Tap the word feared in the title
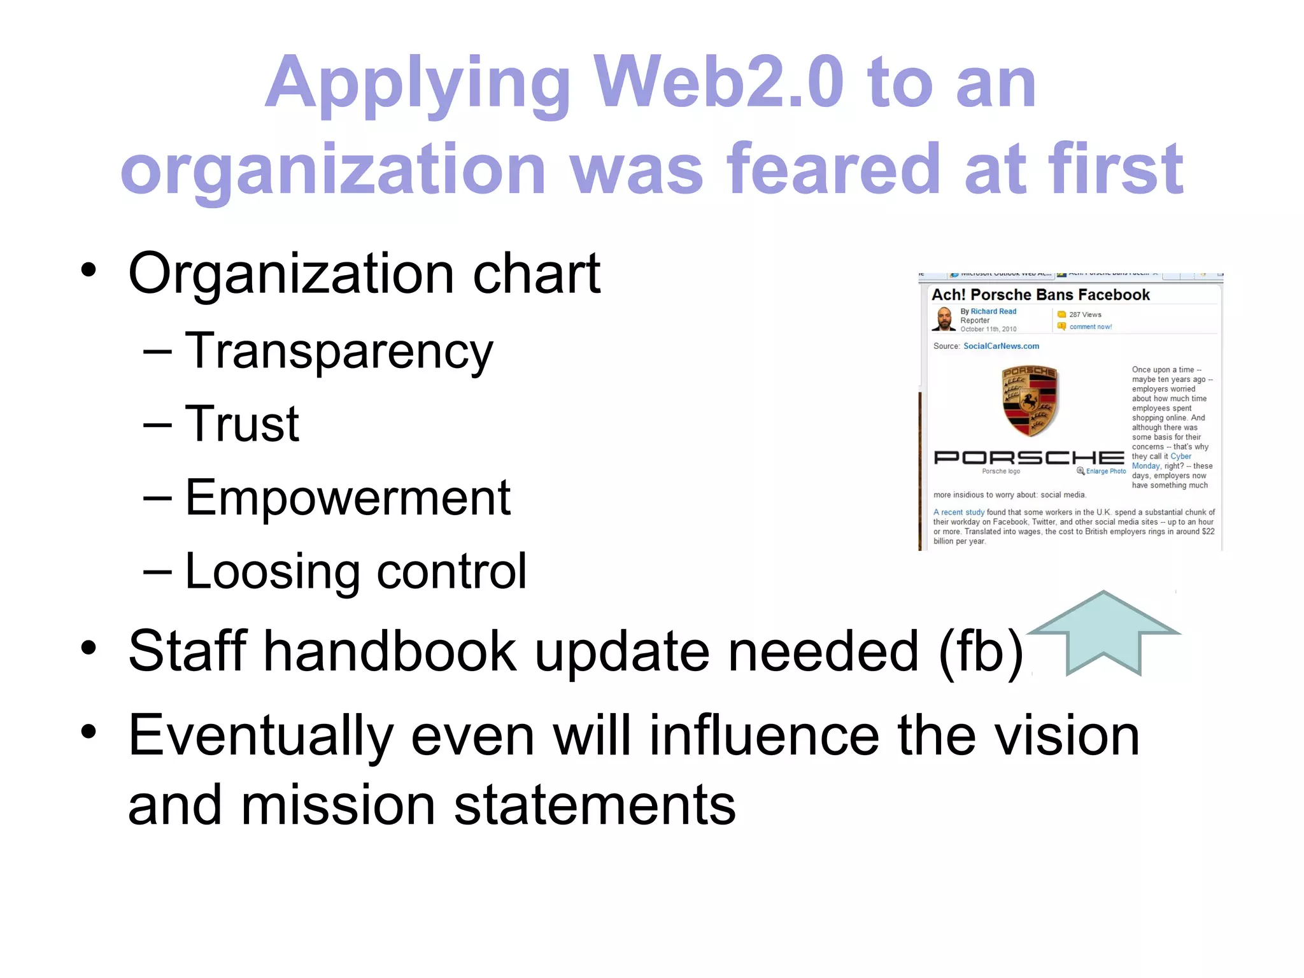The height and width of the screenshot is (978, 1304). [x=833, y=169]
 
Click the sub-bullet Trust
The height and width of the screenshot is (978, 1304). [x=241, y=424]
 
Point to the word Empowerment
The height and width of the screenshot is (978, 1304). [x=348, y=498]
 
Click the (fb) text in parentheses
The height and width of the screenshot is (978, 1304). [x=981, y=651]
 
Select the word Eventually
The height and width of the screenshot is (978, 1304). [x=261, y=736]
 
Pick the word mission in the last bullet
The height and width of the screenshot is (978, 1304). [x=338, y=806]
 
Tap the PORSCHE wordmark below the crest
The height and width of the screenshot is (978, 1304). [x=1028, y=458]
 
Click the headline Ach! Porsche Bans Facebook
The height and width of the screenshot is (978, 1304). [x=1040, y=295]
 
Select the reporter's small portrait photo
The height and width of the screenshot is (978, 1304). [x=944, y=319]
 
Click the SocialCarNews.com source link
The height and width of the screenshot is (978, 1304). [x=1001, y=346]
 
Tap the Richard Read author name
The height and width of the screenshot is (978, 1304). [x=993, y=311]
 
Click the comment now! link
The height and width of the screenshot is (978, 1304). [x=1090, y=327]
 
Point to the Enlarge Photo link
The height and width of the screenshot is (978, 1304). [x=1105, y=471]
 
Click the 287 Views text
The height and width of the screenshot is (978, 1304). [x=1085, y=315]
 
